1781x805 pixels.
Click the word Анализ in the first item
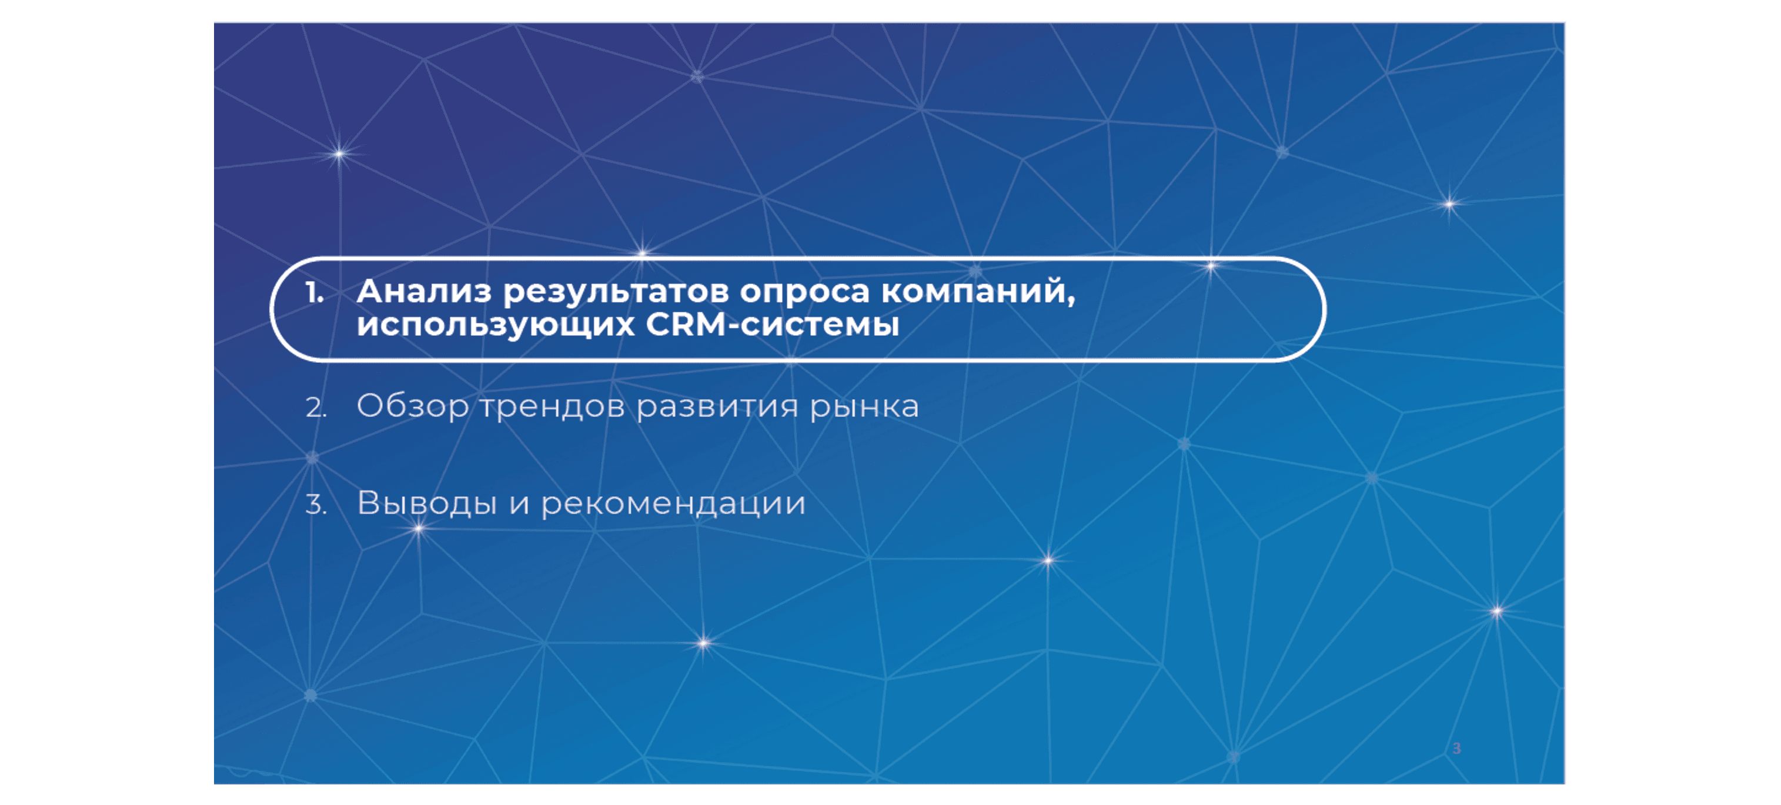[x=423, y=292]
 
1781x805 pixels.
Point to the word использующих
[x=495, y=326]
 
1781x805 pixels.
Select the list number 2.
[x=315, y=408]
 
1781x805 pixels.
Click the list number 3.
[x=315, y=505]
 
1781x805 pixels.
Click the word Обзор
[x=412, y=407]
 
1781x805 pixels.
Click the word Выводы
[x=427, y=503]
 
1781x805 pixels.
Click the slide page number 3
[x=1456, y=749]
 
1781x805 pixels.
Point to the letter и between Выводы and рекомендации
[x=519, y=505]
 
